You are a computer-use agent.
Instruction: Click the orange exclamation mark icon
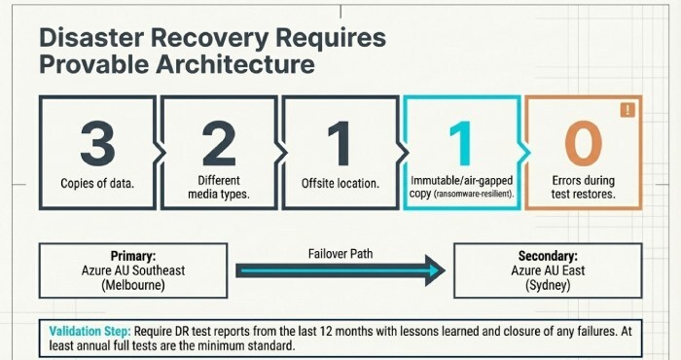(x=627, y=111)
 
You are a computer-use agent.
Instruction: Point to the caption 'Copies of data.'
(x=97, y=183)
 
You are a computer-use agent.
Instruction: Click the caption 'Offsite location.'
(x=340, y=183)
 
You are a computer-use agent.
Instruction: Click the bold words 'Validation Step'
(x=89, y=331)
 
